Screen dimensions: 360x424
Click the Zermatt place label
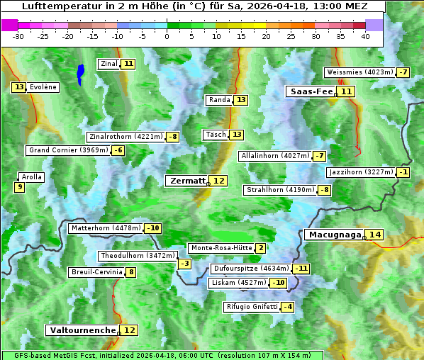click(186, 181)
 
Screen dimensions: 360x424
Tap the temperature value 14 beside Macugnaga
click(374, 235)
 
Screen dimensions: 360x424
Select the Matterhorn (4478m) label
click(105, 228)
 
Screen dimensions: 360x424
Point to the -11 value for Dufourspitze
click(302, 269)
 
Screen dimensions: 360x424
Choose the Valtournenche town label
click(82, 330)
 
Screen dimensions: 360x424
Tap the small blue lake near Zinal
click(80, 73)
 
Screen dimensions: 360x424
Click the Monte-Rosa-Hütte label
click(221, 248)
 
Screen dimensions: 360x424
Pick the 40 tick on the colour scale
click(365, 36)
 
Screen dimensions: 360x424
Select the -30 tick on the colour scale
click(18, 36)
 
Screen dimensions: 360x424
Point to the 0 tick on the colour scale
click(167, 36)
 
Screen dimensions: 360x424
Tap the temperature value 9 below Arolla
click(19, 187)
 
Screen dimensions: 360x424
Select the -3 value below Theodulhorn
click(184, 264)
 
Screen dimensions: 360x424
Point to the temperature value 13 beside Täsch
click(237, 135)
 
